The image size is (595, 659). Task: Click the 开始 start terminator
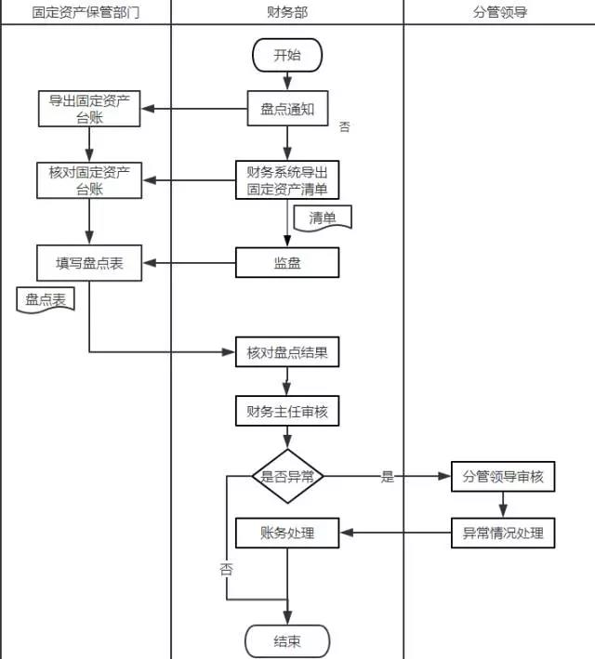tap(287, 55)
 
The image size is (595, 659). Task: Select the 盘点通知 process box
tap(287, 109)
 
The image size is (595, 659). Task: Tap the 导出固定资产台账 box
tap(89, 109)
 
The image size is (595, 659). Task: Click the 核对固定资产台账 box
tap(89, 180)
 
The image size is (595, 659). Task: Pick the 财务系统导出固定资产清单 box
tap(287, 180)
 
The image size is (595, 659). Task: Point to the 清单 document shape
tap(323, 218)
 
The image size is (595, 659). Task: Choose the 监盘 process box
tap(287, 263)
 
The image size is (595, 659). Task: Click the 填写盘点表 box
tap(89, 263)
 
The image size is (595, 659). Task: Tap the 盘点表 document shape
tap(46, 300)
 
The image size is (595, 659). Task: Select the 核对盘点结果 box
tap(287, 353)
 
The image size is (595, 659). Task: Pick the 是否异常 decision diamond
tap(287, 477)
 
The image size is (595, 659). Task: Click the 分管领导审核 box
tap(503, 477)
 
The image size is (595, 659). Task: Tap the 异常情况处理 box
tap(503, 534)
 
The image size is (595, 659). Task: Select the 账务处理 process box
tap(287, 534)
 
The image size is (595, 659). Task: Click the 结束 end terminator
tap(287, 641)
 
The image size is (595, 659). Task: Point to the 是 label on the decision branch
tap(388, 478)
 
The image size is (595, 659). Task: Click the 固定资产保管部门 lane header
tap(86, 12)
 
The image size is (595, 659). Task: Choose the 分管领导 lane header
tap(500, 12)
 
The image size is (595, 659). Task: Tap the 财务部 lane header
tap(287, 12)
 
